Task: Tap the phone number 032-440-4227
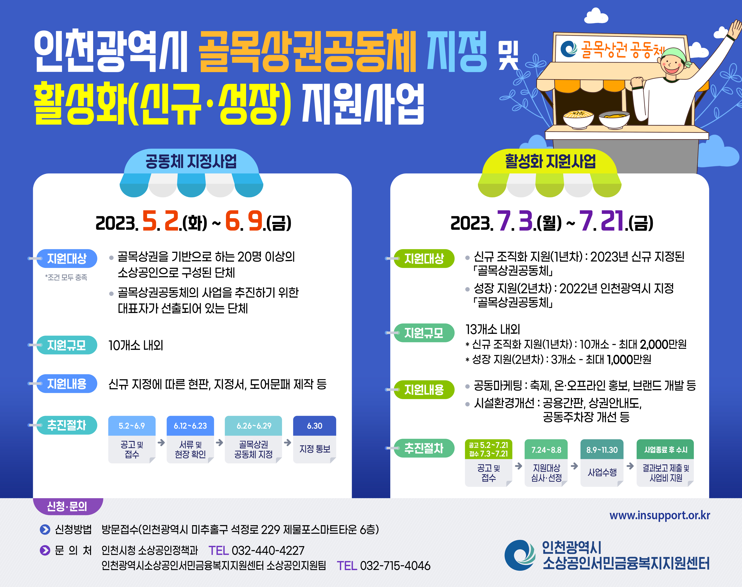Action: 268,551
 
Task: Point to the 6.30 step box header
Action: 314,426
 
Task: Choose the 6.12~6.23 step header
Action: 190,426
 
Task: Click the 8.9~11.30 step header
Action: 602,450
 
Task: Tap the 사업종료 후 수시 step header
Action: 665,450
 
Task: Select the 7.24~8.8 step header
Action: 546,450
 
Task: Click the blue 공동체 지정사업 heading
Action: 191,162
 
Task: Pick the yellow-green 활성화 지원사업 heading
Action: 550,162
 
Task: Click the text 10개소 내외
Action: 136,345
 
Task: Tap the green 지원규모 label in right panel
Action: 424,333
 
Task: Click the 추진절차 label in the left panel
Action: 67,425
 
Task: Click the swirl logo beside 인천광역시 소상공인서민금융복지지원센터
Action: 519,555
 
